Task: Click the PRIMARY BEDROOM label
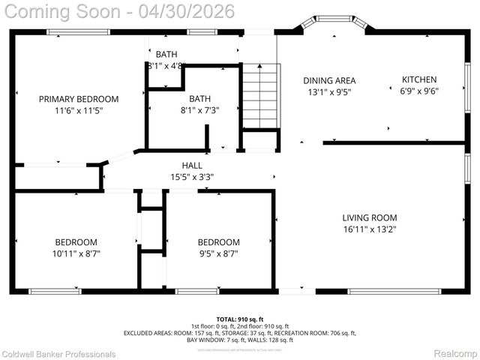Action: pyautogui.click(x=79, y=99)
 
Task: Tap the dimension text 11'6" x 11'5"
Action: pyautogui.click(x=79, y=111)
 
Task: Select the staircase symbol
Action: pyautogui.click(x=260, y=96)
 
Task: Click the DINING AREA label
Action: pyautogui.click(x=329, y=80)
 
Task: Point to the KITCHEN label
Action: pyautogui.click(x=419, y=79)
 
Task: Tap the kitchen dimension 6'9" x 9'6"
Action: pyautogui.click(x=419, y=91)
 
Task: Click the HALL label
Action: pyautogui.click(x=192, y=166)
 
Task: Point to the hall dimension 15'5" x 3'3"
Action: pyautogui.click(x=192, y=178)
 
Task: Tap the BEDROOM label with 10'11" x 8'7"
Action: pyautogui.click(x=76, y=242)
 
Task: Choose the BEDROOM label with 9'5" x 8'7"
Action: pyautogui.click(x=218, y=242)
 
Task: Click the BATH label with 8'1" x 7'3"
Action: pyautogui.click(x=199, y=98)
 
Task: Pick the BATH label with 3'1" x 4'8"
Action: pyautogui.click(x=166, y=54)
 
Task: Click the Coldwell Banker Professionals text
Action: pyautogui.click(x=58, y=353)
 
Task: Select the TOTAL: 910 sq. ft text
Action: pyautogui.click(x=239, y=319)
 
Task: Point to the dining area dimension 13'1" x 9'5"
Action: pyautogui.click(x=329, y=92)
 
